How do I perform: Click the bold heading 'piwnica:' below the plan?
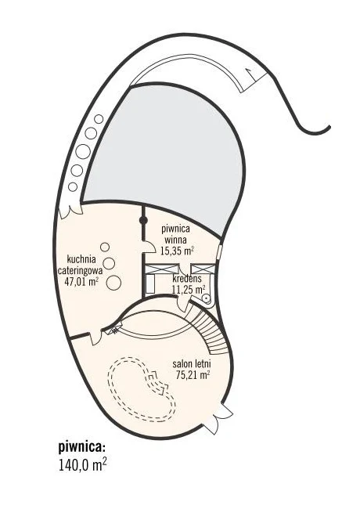pos(82,448)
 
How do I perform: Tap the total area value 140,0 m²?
pos(83,465)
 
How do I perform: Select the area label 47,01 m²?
pos(81,281)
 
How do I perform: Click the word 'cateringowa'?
pos(80,270)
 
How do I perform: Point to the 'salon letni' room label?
pos(192,364)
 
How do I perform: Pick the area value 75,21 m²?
pos(193,375)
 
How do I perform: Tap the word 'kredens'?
pos(187,279)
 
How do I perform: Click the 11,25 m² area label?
pos(189,289)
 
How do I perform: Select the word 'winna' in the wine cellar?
pos(175,240)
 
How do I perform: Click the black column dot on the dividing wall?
pos(143,221)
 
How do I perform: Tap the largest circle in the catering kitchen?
pos(113,283)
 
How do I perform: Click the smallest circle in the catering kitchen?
pos(105,247)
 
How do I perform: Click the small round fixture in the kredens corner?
pos(206,298)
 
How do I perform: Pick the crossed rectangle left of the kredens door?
pos(161,269)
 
